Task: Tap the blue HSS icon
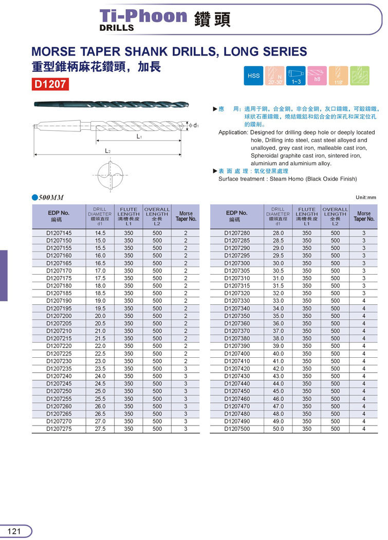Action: [254, 76]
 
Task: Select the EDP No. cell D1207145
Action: [59, 233]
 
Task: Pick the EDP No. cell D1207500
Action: [237, 429]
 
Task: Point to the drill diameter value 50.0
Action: [278, 429]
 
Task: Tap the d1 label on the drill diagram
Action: [196, 125]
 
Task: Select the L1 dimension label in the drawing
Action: [139, 137]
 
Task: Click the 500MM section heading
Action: [50, 198]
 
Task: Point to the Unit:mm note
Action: [366, 198]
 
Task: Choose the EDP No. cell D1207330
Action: [237, 301]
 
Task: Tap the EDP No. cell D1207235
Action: [59, 369]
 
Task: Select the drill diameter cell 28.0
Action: [278, 233]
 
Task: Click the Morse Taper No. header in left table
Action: [186, 216]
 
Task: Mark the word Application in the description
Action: [233, 132]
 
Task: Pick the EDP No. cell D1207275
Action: [59, 429]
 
